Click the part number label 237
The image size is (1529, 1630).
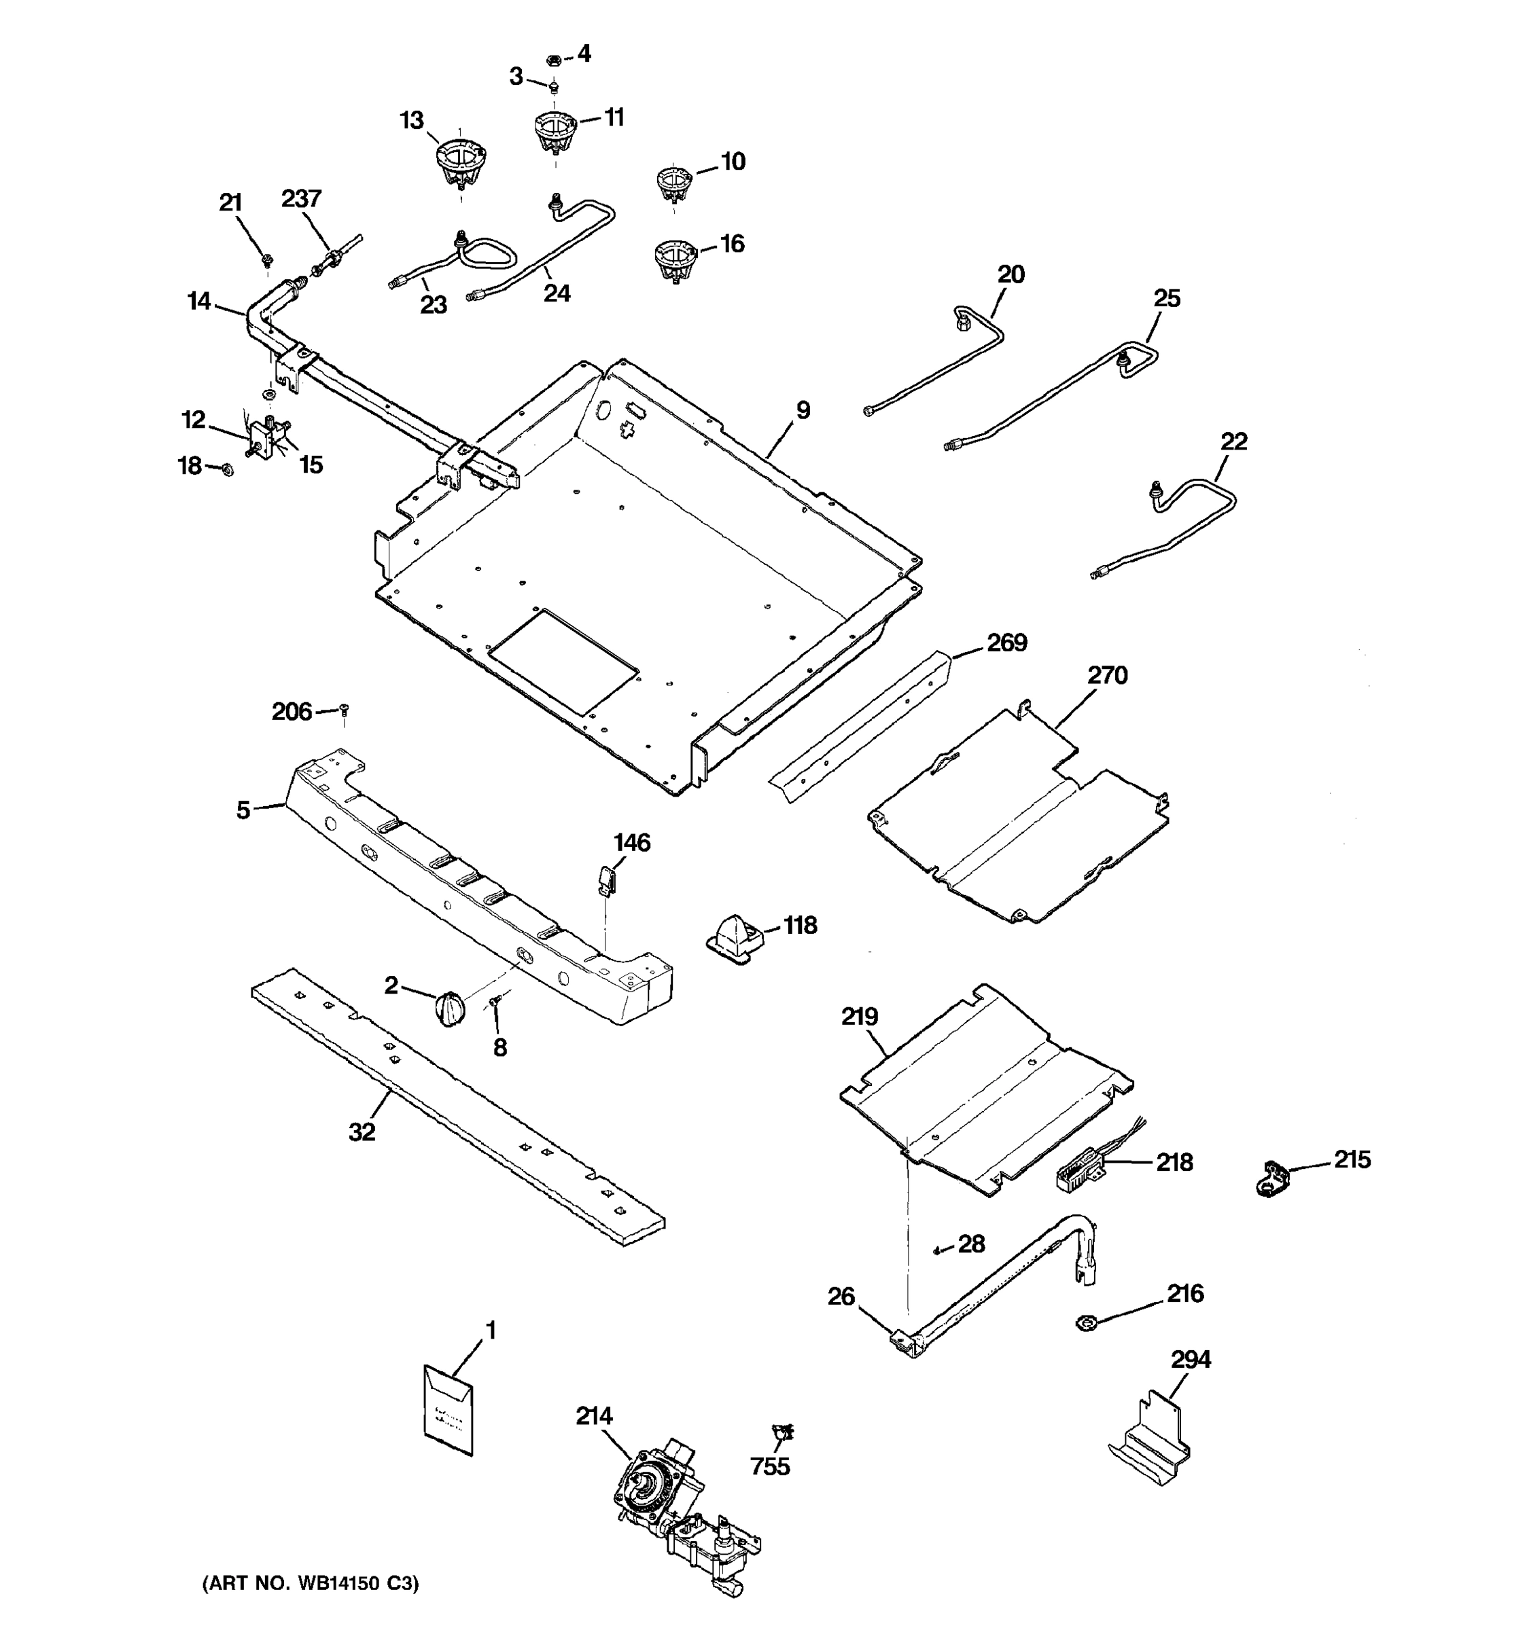tap(301, 199)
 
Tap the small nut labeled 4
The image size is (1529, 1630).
tap(553, 60)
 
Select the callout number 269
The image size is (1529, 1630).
tap(1006, 642)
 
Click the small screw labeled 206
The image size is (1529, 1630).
tap(345, 709)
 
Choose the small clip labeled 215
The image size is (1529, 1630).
tap(1272, 1178)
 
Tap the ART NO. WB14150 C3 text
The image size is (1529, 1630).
tap(310, 1582)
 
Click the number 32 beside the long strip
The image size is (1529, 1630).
tap(362, 1131)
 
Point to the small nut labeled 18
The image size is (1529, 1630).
tap(227, 469)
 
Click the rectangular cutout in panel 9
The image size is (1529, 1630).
tap(563, 661)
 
